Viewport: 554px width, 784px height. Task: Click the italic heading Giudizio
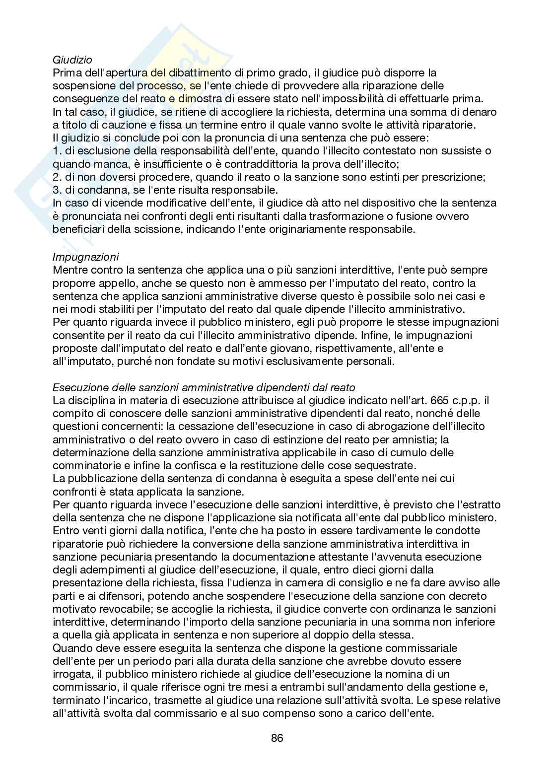tap(72, 60)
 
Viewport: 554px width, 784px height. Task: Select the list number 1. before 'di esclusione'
tap(56, 151)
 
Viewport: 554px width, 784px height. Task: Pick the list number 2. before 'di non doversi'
tap(56, 177)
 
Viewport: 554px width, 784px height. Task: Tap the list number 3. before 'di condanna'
tap(56, 190)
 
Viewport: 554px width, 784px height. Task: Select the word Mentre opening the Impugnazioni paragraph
tap(69, 270)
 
